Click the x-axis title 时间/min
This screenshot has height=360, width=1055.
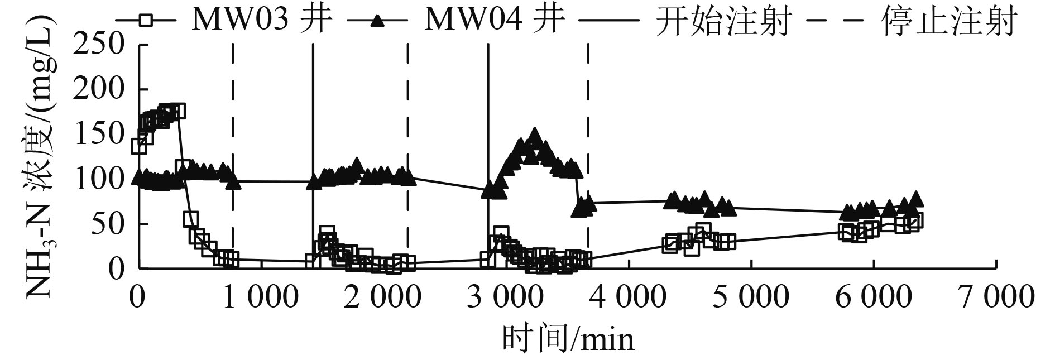(x=568, y=338)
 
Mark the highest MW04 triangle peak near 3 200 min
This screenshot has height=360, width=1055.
(x=535, y=136)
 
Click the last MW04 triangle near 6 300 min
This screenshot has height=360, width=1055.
(x=915, y=199)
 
